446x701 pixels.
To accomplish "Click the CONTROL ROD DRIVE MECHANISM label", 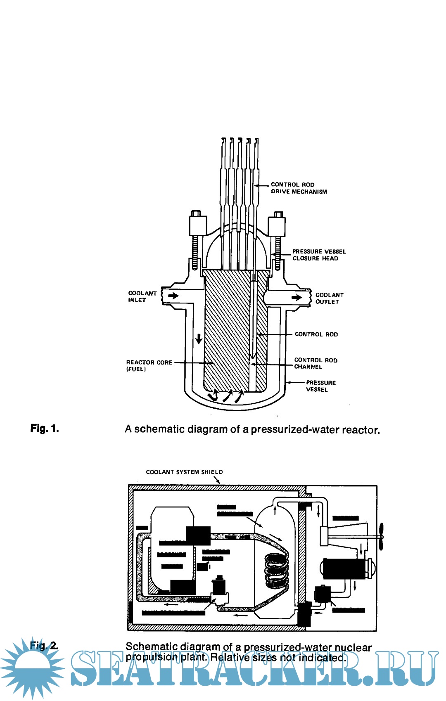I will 299,188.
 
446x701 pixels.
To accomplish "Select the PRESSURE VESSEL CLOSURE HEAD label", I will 319,255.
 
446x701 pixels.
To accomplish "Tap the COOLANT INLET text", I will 142,297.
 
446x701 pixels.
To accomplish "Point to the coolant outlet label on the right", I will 329,298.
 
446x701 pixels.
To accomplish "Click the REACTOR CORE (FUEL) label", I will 149,365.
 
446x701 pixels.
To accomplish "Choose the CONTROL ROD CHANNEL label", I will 316,363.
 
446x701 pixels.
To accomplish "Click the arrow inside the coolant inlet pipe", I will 173,296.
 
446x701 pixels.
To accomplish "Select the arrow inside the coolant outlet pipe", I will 297,297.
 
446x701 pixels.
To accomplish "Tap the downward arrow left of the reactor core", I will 199,339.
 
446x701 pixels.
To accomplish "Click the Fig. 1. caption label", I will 45,429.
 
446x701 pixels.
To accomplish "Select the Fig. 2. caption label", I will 44,645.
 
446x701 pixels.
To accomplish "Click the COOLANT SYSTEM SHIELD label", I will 184,472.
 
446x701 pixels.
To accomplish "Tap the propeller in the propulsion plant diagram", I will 381,536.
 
